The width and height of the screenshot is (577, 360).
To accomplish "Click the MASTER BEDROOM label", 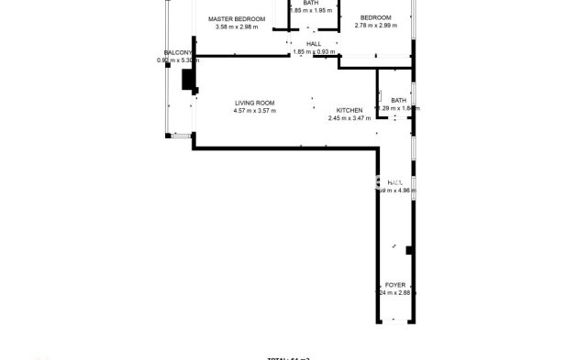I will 236,18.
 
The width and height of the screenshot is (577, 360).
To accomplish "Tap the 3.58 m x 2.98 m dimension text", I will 236,27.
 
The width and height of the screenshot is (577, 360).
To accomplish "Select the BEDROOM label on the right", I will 375,17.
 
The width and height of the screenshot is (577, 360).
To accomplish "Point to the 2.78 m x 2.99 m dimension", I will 375,26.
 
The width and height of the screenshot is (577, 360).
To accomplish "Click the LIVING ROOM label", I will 255,103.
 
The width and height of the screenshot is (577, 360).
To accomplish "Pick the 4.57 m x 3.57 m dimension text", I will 255,111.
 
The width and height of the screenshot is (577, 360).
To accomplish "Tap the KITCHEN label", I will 350,110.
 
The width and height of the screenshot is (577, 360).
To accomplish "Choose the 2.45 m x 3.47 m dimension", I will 350,118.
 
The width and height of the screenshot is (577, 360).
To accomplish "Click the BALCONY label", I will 177,52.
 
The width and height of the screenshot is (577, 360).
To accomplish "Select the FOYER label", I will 395,285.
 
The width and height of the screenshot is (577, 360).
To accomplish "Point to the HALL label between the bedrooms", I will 313,43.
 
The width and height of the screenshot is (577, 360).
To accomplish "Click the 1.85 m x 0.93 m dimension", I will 313,52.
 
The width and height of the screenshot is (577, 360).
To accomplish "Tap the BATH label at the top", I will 311,3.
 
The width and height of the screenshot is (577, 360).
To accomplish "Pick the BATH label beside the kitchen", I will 398,100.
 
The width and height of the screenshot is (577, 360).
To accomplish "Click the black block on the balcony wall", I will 188,81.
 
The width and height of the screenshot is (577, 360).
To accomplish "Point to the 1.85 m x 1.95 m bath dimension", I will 311,11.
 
